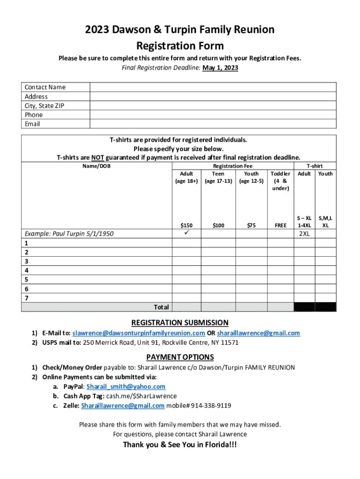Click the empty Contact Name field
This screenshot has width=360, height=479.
[213, 87]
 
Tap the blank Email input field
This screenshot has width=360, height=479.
[213, 124]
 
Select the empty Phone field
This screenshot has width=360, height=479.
[213, 115]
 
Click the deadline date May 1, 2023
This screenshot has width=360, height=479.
[220, 68]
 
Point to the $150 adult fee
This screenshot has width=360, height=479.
[187, 225]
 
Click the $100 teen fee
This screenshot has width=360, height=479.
[218, 225]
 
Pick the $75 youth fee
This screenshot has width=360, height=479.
[251, 225]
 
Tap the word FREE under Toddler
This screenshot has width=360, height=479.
[281, 225]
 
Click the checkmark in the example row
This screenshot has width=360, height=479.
[187, 232]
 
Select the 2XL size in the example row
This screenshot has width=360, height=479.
[304, 234]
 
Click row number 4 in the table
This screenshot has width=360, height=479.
[27, 270]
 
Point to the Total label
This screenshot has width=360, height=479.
[161, 307]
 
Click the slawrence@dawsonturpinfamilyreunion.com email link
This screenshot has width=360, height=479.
[139, 333]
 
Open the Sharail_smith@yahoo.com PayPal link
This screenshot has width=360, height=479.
[126, 386]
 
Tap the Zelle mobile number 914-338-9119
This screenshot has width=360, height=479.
[211, 406]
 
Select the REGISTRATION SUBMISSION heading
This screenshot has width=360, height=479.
[180, 323]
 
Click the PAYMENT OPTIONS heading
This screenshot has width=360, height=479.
[180, 357]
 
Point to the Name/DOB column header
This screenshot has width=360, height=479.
[97, 166]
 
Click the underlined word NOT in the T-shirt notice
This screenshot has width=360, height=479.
[97, 158]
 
